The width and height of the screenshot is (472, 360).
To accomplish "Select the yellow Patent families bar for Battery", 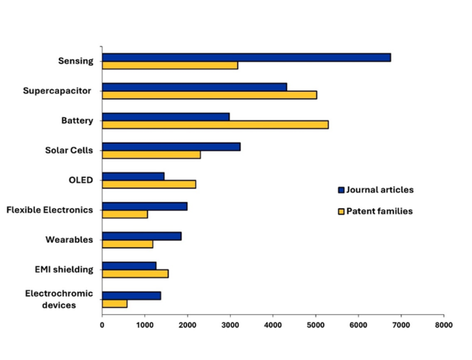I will point(215,125).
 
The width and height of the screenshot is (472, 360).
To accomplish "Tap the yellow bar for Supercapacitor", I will point(209,95).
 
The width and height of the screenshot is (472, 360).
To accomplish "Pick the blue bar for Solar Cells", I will point(171,147).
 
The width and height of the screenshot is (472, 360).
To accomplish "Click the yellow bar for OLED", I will point(149,185).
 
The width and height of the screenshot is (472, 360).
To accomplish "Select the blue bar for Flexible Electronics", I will point(144,206).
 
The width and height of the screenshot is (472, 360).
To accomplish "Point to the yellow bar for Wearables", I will point(127,244).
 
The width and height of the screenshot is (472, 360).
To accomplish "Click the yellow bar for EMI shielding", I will point(135,274).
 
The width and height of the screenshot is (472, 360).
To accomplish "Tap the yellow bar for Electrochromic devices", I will point(114,304).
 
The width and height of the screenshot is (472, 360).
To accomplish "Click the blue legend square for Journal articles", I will point(341,190).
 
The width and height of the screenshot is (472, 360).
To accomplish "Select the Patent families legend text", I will point(379,211).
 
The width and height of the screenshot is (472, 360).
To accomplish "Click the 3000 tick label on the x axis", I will point(230,325).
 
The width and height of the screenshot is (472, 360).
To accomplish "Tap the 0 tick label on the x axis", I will point(102,325).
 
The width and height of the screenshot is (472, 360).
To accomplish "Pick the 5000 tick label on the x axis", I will point(316,325).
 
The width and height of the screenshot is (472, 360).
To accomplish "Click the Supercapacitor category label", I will point(57,91).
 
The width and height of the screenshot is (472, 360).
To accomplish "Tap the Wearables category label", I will point(69,239).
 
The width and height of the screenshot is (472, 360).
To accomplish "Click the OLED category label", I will point(81,180).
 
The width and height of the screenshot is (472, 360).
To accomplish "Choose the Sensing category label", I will point(76,61).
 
